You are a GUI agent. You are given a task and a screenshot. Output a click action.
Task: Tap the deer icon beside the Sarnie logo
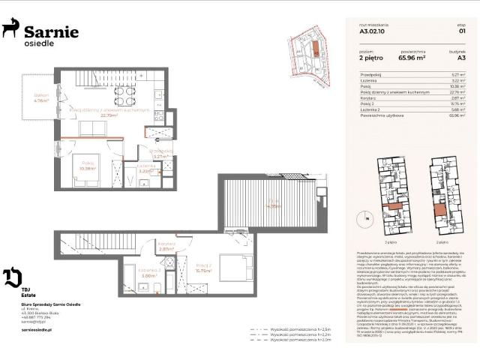tap(11, 29)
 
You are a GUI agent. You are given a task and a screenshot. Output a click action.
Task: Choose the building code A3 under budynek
tap(461, 56)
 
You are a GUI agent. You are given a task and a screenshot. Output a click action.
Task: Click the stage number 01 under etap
tap(462, 32)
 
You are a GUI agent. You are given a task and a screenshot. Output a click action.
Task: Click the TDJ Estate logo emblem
tap(12, 277)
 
